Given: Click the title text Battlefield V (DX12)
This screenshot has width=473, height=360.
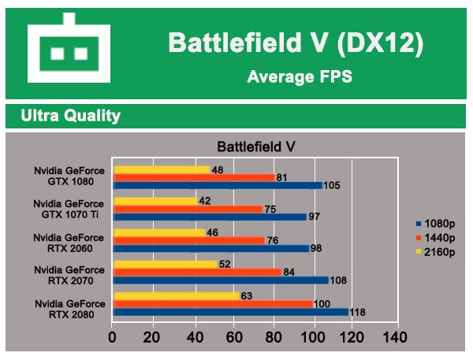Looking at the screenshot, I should tap(295, 44).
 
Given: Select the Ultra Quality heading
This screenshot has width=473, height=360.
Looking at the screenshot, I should tap(71, 116).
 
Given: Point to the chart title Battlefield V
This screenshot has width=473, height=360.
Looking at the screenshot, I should tap(255, 147).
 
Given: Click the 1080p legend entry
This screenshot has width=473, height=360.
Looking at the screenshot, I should tap(438, 224).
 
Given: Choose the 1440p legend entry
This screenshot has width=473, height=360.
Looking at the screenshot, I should tap(438, 238).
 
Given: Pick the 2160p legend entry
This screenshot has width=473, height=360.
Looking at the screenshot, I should tap(438, 251).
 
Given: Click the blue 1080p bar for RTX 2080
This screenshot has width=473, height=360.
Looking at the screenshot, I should tap(231, 312).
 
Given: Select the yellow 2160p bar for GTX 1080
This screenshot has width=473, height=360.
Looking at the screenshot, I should tap(162, 169).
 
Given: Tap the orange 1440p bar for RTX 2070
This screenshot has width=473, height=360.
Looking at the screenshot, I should tap(197, 272).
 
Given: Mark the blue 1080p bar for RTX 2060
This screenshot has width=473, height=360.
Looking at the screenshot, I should tap(211, 248).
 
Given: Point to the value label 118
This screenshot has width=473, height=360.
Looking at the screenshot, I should tap(359, 312).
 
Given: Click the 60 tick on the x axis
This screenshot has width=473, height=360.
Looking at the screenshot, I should tap(233, 338).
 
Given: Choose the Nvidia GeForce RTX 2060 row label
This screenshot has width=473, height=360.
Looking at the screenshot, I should tap(69, 243).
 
